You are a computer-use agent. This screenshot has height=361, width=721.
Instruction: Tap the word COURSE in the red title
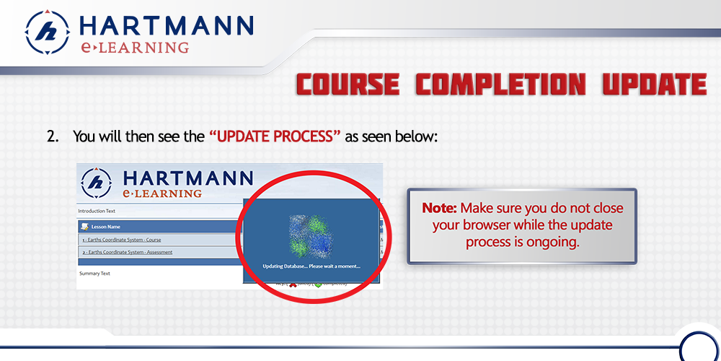point(348,85)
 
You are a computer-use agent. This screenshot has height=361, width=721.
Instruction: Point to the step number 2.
point(52,136)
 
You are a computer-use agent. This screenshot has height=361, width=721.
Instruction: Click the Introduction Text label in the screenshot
point(98,211)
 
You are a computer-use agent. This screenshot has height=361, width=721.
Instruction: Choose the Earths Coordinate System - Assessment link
point(127,252)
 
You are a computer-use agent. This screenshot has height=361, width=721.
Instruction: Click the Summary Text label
point(94,273)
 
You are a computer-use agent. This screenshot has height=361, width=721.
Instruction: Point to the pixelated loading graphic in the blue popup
point(310,235)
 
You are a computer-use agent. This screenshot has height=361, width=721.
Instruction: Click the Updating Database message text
point(311,266)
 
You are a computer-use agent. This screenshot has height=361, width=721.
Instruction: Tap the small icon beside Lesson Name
point(85,227)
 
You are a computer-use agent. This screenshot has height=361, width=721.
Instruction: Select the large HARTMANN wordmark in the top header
point(166,26)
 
